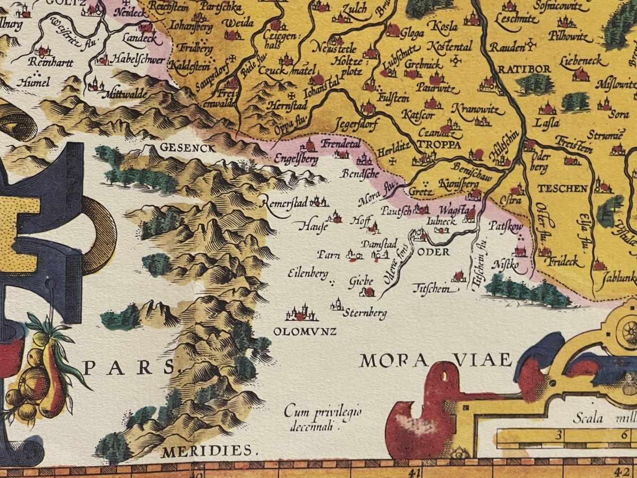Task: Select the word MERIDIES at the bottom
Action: coord(207,452)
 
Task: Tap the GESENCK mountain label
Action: coord(181,148)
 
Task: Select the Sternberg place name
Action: coord(365,313)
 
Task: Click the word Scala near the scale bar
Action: coord(588,419)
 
